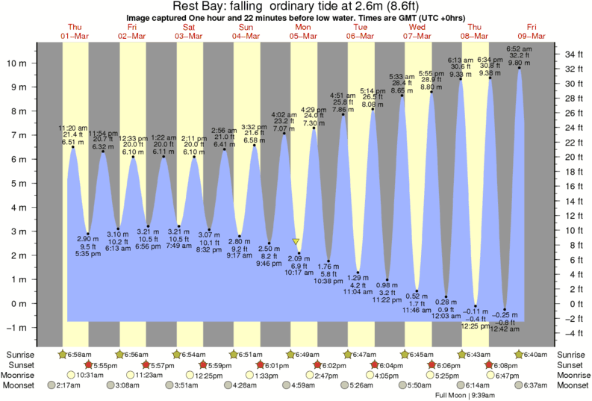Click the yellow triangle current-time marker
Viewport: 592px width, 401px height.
pyautogui.click(x=296, y=242)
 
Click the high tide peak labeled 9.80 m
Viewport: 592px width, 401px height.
pyautogui.click(x=520, y=69)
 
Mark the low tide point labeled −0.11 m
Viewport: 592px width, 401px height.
pyautogui.click(x=476, y=306)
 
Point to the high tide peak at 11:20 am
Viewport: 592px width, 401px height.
pyautogui.click(x=73, y=147)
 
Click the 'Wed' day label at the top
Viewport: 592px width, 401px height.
pyautogui.click(x=417, y=27)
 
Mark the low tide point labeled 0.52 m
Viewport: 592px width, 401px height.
pyautogui.click(x=417, y=291)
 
